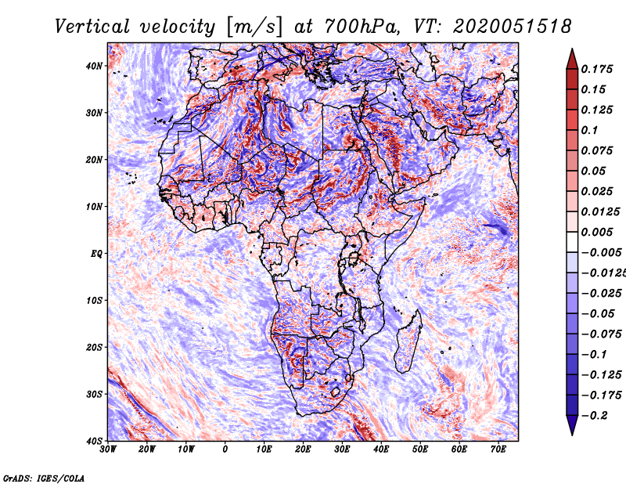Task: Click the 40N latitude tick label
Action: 94,66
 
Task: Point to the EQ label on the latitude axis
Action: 96,254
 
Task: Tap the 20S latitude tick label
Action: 94,347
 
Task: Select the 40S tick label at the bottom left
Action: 94,441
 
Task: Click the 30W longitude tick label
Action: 108,450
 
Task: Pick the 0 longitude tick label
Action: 225,450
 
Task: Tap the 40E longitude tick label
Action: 381,450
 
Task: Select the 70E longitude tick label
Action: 498,450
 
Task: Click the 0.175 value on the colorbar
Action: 596,69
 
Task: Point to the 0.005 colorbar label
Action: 596,232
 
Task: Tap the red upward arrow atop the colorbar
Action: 572,59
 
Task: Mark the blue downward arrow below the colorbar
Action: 572,425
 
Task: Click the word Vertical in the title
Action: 92,27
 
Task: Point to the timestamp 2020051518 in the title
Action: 513,27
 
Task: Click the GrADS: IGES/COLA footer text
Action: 44,478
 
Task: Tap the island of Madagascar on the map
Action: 408,341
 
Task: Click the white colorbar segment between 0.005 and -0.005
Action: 572,242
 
